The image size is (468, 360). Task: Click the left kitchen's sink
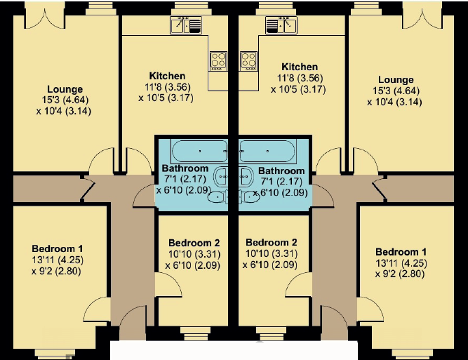click(x=186, y=25)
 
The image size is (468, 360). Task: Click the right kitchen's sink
click(x=281, y=25)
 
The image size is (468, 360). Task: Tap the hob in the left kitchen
click(x=218, y=61)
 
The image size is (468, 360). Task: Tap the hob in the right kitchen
click(x=248, y=61)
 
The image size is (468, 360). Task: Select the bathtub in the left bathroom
click(x=199, y=151)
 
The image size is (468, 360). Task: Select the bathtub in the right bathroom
click(x=268, y=151)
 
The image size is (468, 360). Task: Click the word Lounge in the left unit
click(x=65, y=89)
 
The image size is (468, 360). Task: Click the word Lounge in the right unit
click(x=396, y=80)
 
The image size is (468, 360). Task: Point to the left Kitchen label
click(x=167, y=76)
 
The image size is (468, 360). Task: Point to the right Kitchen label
click(x=300, y=67)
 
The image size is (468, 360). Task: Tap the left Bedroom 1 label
click(x=58, y=248)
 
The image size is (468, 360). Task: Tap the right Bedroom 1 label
click(x=401, y=252)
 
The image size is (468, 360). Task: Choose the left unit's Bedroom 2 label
click(x=194, y=243)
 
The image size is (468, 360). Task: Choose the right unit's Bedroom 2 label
click(x=272, y=242)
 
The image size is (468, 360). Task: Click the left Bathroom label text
click(x=185, y=168)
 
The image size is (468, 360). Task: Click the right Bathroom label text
click(x=281, y=171)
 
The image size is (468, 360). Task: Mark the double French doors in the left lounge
click(x=44, y=18)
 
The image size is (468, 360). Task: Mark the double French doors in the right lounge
click(x=422, y=18)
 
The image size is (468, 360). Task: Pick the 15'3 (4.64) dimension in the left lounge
click(x=65, y=100)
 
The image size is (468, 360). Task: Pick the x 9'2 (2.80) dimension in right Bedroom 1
click(x=400, y=274)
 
